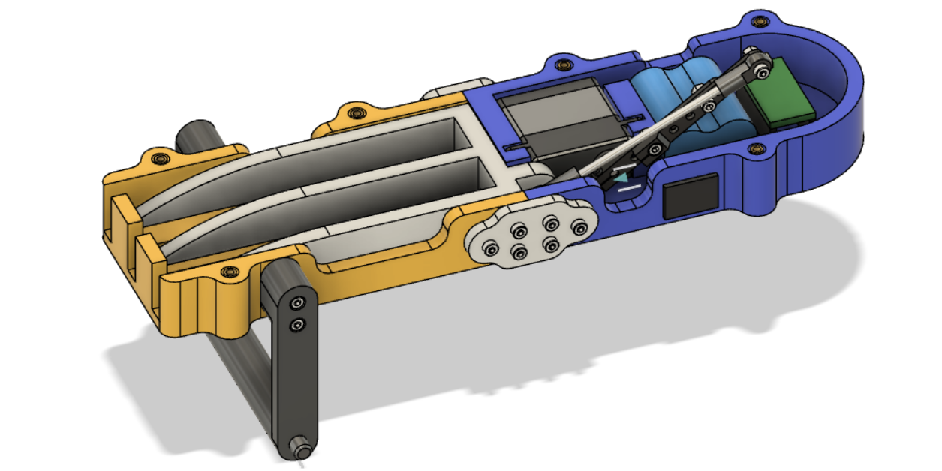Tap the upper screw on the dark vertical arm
point(298,303)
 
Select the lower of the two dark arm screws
point(298,325)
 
